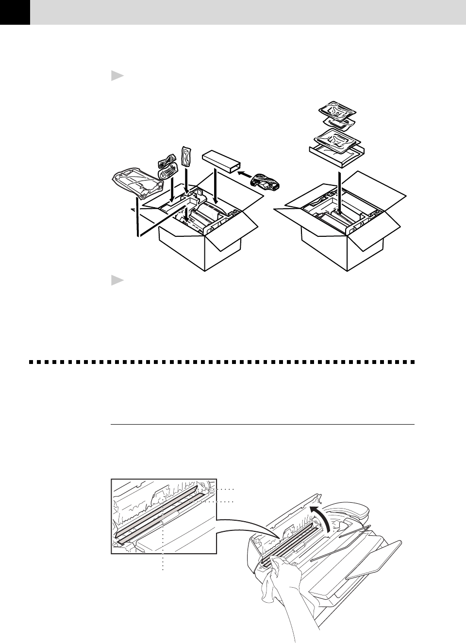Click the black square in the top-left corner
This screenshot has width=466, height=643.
[x=15, y=12]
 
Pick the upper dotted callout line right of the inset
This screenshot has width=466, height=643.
[x=223, y=488]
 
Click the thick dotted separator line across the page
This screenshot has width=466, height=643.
[x=221, y=362]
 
